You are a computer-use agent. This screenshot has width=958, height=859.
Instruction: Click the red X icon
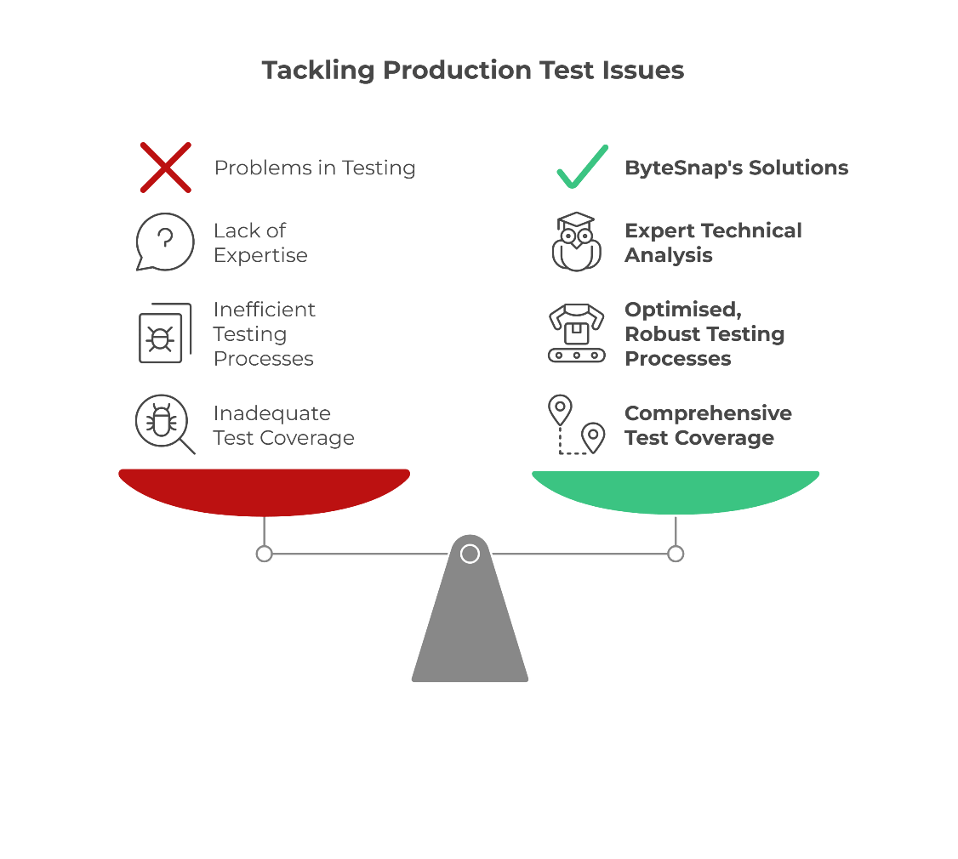click(165, 168)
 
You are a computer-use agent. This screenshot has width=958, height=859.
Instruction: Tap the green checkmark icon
click(583, 168)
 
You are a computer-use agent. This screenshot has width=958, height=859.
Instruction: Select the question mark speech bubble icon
click(165, 242)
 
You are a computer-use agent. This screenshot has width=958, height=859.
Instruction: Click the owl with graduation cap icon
click(577, 242)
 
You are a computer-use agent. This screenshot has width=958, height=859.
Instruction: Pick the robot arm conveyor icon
click(577, 333)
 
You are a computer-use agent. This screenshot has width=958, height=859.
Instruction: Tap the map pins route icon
click(577, 424)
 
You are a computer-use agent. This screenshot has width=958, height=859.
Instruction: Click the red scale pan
click(264, 491)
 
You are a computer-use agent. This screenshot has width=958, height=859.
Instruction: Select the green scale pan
click(676, 491)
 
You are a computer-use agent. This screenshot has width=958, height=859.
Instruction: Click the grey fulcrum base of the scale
click(470, 629)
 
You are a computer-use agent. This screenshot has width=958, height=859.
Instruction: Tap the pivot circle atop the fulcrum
click(470, 555)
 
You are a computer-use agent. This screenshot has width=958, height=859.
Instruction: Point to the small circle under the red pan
click(265, 555)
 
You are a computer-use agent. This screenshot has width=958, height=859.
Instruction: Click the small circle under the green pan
click(676, 555)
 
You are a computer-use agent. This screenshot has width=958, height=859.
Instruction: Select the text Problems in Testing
click(315, 168)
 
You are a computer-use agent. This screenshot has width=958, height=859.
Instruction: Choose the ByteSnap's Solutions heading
click(736, 168)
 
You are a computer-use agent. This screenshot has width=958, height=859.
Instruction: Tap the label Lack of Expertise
click(259, 243)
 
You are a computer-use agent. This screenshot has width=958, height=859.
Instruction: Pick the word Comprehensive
click(708, 413)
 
